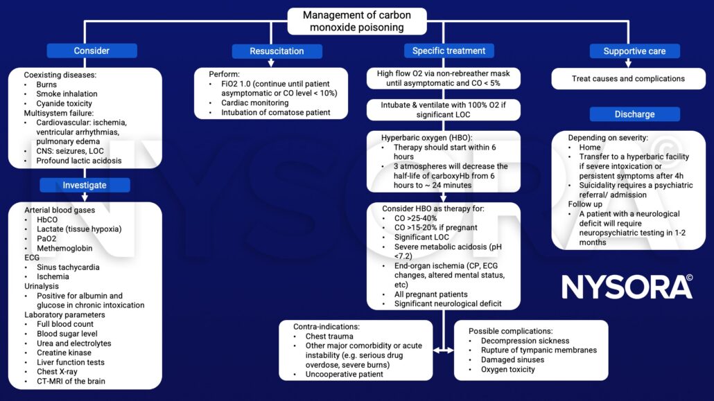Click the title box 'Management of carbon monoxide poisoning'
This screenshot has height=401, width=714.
point(356,21)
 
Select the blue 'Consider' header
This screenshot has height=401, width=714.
point(92,51)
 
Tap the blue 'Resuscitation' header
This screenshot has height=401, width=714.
point(277,51)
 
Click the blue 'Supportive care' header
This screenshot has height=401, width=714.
point(634,51)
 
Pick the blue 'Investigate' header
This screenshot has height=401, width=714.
point(85,185)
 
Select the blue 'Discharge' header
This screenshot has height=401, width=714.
point(634,114)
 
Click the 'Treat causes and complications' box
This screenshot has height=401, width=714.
point(628,78)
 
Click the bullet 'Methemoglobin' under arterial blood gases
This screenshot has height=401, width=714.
point(66,247)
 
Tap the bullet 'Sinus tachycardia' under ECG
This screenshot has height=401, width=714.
point(69,267)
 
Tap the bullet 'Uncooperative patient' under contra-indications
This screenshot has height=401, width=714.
point(344,374)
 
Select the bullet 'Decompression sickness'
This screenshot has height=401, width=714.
point(525,341)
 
